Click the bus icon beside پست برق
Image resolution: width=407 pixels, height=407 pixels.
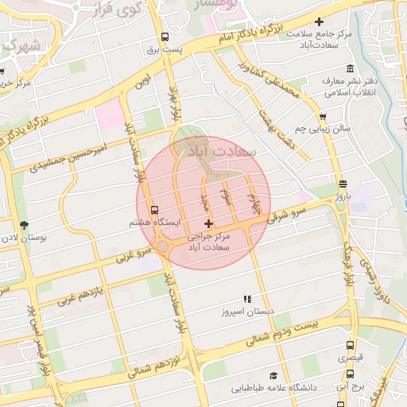pyautogui.click(x=165, y=37)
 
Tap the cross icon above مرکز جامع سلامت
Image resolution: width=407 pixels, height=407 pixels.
pyautogui.click(x=320, y=21)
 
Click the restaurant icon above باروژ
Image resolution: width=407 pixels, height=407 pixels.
pyautogui.click(x=342, y=183)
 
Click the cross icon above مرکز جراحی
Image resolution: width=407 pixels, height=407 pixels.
pyautogui.click(x=209, y=225)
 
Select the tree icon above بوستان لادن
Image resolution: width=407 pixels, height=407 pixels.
pyautogui.click(x=23, y=225)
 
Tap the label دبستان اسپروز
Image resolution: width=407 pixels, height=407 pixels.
pyautogui.click(x=247, y=312)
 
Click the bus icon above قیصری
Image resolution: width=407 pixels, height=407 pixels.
pyautogui.click(x=351, y=346)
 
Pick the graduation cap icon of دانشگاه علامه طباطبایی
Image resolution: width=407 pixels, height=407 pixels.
pyautogui.click(x=273, y=375)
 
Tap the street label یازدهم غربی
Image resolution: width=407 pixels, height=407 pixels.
pyautogui.click(x=79, y=293)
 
